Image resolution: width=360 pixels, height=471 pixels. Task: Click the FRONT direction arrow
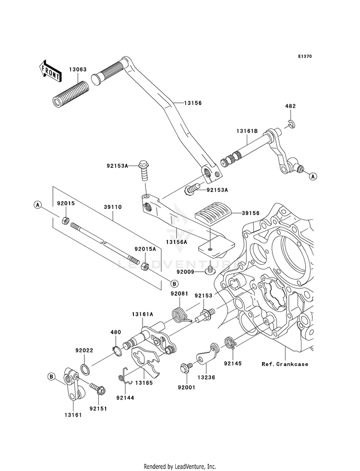[50, 71]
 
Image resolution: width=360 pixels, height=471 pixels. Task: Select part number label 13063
[77, 70]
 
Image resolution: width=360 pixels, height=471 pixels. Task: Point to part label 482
[290, 106]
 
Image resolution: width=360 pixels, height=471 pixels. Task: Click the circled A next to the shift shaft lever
[313, 176]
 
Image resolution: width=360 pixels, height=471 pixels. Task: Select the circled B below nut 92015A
[174, 283]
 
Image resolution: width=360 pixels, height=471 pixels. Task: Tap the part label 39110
[113, 207]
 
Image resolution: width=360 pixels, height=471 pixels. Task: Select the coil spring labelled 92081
[181, 315]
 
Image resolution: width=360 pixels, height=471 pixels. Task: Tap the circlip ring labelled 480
[117, 350]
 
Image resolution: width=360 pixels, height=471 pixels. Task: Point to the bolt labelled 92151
[97, 389]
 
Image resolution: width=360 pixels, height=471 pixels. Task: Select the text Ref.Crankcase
[285, 364]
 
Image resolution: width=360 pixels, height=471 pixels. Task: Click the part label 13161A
[142, 314]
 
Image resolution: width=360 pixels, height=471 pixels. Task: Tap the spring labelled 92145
[231, 343]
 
